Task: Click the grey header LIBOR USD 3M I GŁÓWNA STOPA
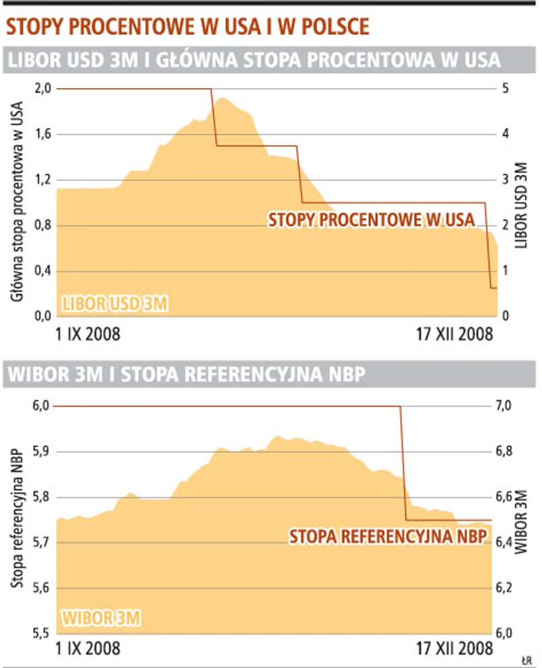tap(254, 61)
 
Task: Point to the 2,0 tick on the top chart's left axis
tap(42, 89)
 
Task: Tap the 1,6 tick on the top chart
tap(42, 135)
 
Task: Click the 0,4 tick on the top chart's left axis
tap(42, 271)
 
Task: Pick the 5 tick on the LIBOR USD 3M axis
tap(506, 89)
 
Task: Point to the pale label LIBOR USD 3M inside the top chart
tap(114, 303)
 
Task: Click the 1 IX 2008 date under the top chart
tap(87, 334)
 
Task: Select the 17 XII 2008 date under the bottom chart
tap(454, 648)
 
